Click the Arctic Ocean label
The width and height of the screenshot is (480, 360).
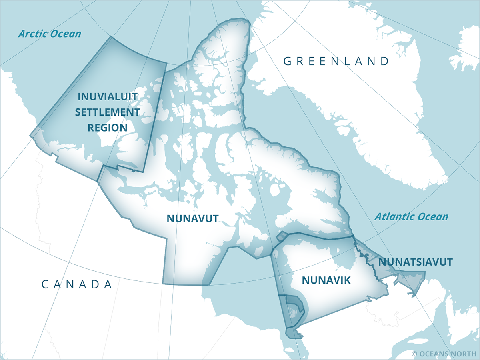coord(50,34)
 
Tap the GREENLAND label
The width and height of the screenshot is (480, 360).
coord(336,61)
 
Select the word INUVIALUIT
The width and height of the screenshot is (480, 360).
coord(107,97)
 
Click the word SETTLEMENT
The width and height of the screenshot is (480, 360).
coord(108,112)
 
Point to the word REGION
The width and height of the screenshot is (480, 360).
coord(108,128)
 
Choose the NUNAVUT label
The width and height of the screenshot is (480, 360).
coord(192,218)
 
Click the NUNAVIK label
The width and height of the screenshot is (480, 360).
coord(326,280)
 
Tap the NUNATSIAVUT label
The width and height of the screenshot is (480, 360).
coord(415,262)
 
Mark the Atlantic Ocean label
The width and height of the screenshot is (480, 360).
coord(411,217)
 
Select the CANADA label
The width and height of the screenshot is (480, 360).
coord(77,284)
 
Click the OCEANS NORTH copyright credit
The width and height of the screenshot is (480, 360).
coord(444,354)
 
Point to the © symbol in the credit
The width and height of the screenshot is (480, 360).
coord(414,354)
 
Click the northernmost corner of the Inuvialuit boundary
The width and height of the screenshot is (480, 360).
coord(110,37)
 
